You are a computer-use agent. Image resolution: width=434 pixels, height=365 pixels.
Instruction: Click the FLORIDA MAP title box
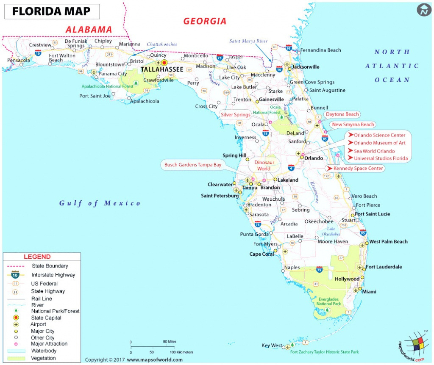[x=52, y=11]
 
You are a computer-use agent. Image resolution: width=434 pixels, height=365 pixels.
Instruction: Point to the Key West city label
[x=271, y=346]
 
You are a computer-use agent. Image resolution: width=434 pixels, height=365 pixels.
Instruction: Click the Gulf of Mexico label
[x=100, y=203]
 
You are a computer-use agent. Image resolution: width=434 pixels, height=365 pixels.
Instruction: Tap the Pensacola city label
[x=19, y=60]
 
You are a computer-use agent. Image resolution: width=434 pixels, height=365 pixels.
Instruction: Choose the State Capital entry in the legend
[x=46, y=318]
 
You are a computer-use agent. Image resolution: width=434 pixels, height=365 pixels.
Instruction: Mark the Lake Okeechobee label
[x=331, y=231]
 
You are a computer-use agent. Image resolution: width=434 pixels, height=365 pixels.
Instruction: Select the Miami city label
[x=368, y=292]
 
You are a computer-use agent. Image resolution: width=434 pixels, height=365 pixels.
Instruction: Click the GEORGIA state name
[x=205, y=21]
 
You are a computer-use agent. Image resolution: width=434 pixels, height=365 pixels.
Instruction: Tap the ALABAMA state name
[x=89, y=30]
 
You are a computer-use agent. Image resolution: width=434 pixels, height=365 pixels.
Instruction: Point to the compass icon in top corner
[x=423, y=10]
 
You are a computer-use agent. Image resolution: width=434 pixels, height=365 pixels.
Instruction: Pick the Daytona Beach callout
[x=342, y=114]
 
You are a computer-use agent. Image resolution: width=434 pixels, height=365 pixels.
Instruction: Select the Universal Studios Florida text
[x=381, y=158]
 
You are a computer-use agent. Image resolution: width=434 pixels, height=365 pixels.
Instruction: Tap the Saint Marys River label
[x=248, y=41]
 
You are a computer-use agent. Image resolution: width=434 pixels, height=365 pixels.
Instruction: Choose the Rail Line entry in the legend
[x=41, y=299]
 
